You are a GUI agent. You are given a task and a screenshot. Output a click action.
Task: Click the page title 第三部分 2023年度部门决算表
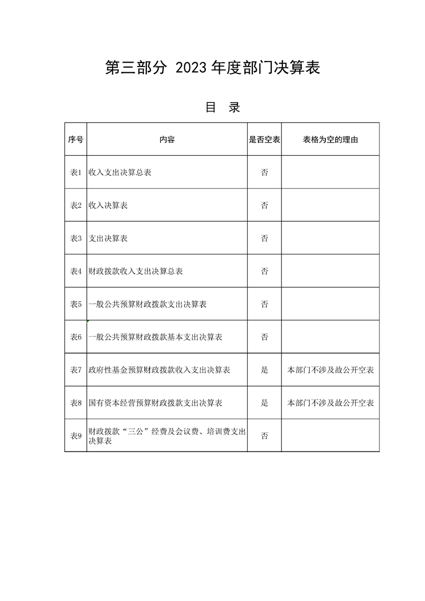213,68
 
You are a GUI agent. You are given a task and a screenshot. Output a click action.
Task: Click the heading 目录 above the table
222,107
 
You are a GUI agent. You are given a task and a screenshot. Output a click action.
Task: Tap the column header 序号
76,140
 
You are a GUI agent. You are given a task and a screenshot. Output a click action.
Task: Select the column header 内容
167,140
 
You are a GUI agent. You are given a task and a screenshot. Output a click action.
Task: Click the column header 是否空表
264,140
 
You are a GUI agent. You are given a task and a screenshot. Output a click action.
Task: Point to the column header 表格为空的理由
330,140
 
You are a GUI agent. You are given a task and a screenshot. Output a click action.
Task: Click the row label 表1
76,172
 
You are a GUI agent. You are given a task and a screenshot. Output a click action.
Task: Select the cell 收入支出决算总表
120,172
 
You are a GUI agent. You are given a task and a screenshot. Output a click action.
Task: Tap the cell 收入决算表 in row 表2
108,206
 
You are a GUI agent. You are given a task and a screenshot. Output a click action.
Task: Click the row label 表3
76,238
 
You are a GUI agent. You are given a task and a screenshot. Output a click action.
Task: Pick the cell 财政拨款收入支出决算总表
136,272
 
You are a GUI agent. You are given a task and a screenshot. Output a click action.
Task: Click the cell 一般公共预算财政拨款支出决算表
148,304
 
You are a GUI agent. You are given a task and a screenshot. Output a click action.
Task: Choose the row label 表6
76,337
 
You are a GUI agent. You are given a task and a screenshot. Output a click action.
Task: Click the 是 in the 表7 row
264,370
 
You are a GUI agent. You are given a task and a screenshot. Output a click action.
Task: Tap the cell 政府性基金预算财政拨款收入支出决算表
160,370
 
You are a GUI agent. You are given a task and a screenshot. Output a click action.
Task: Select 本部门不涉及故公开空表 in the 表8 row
331,403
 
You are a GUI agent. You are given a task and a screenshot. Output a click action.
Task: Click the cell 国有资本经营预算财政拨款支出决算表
156,403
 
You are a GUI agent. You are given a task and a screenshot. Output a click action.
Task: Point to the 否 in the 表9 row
264,435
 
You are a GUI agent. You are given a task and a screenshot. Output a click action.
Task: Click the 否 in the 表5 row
264,304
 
